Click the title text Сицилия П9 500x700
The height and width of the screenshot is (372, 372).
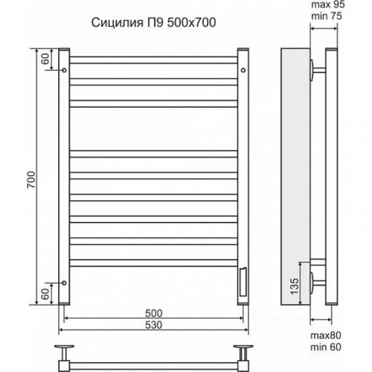point(153,22)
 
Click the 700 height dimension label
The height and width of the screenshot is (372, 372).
point(31,179)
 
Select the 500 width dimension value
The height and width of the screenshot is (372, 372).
point(154,313)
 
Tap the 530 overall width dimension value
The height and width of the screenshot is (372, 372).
point(154,325)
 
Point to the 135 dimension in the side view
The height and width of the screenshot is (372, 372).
point(295,286)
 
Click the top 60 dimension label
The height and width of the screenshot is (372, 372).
point(45,59)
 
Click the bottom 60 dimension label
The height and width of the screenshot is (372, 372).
point(45,295)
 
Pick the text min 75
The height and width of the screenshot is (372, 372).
point(327,16)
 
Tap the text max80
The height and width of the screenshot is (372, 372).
point(326,336)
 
